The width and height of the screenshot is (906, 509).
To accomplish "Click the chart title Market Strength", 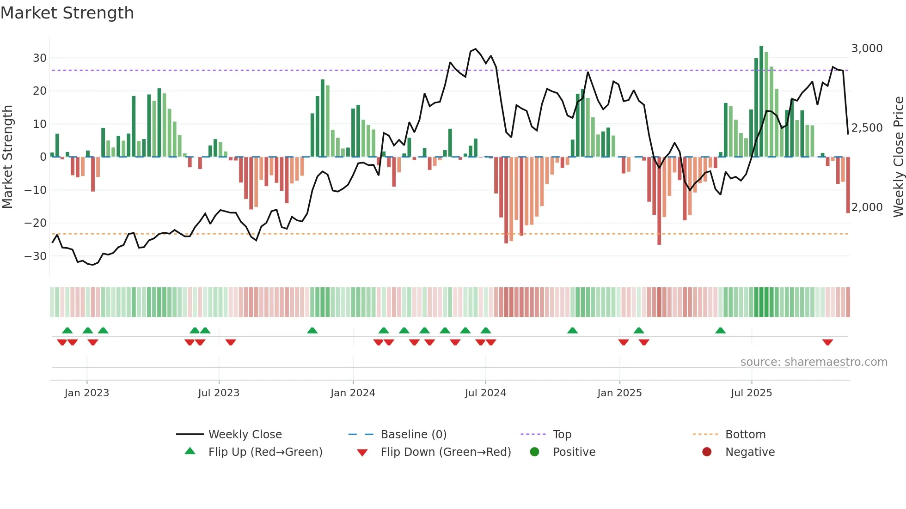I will click(67, 13).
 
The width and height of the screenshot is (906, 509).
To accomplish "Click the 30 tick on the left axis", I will click(40, 58).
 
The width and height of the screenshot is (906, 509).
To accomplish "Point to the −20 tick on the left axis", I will click(36, 223).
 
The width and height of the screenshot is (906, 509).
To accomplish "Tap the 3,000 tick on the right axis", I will click(867, 48).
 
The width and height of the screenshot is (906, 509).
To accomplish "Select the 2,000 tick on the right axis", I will click(867, 207).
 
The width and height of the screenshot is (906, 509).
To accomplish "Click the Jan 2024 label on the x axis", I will click(353, 393).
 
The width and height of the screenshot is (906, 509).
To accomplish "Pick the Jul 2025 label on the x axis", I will click(751, 393).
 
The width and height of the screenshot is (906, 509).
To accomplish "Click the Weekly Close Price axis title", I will click(898, 157).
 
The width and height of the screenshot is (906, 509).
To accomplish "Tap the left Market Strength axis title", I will click(7, 157).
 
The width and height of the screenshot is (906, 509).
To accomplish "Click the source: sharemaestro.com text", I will click(814, 362).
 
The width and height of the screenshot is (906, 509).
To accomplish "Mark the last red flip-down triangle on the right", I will click(827, 342).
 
